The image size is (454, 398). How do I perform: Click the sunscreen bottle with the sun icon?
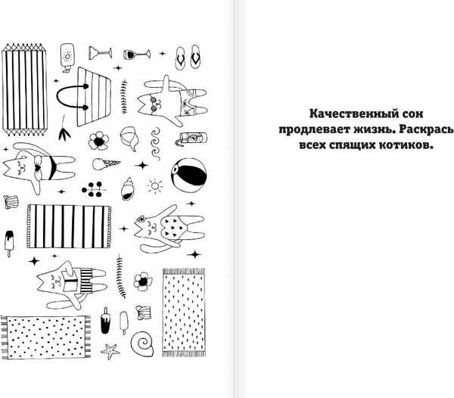67,58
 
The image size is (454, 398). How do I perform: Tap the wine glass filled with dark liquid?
136,54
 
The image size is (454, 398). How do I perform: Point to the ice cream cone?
106,164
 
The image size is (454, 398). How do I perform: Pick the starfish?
110,351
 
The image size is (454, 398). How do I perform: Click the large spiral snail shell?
142,344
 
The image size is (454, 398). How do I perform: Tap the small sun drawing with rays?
155,185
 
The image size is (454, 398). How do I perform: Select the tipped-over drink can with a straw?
191,138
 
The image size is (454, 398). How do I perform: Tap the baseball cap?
129,138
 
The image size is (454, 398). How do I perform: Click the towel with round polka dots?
45,337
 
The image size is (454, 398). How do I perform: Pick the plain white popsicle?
123,322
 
